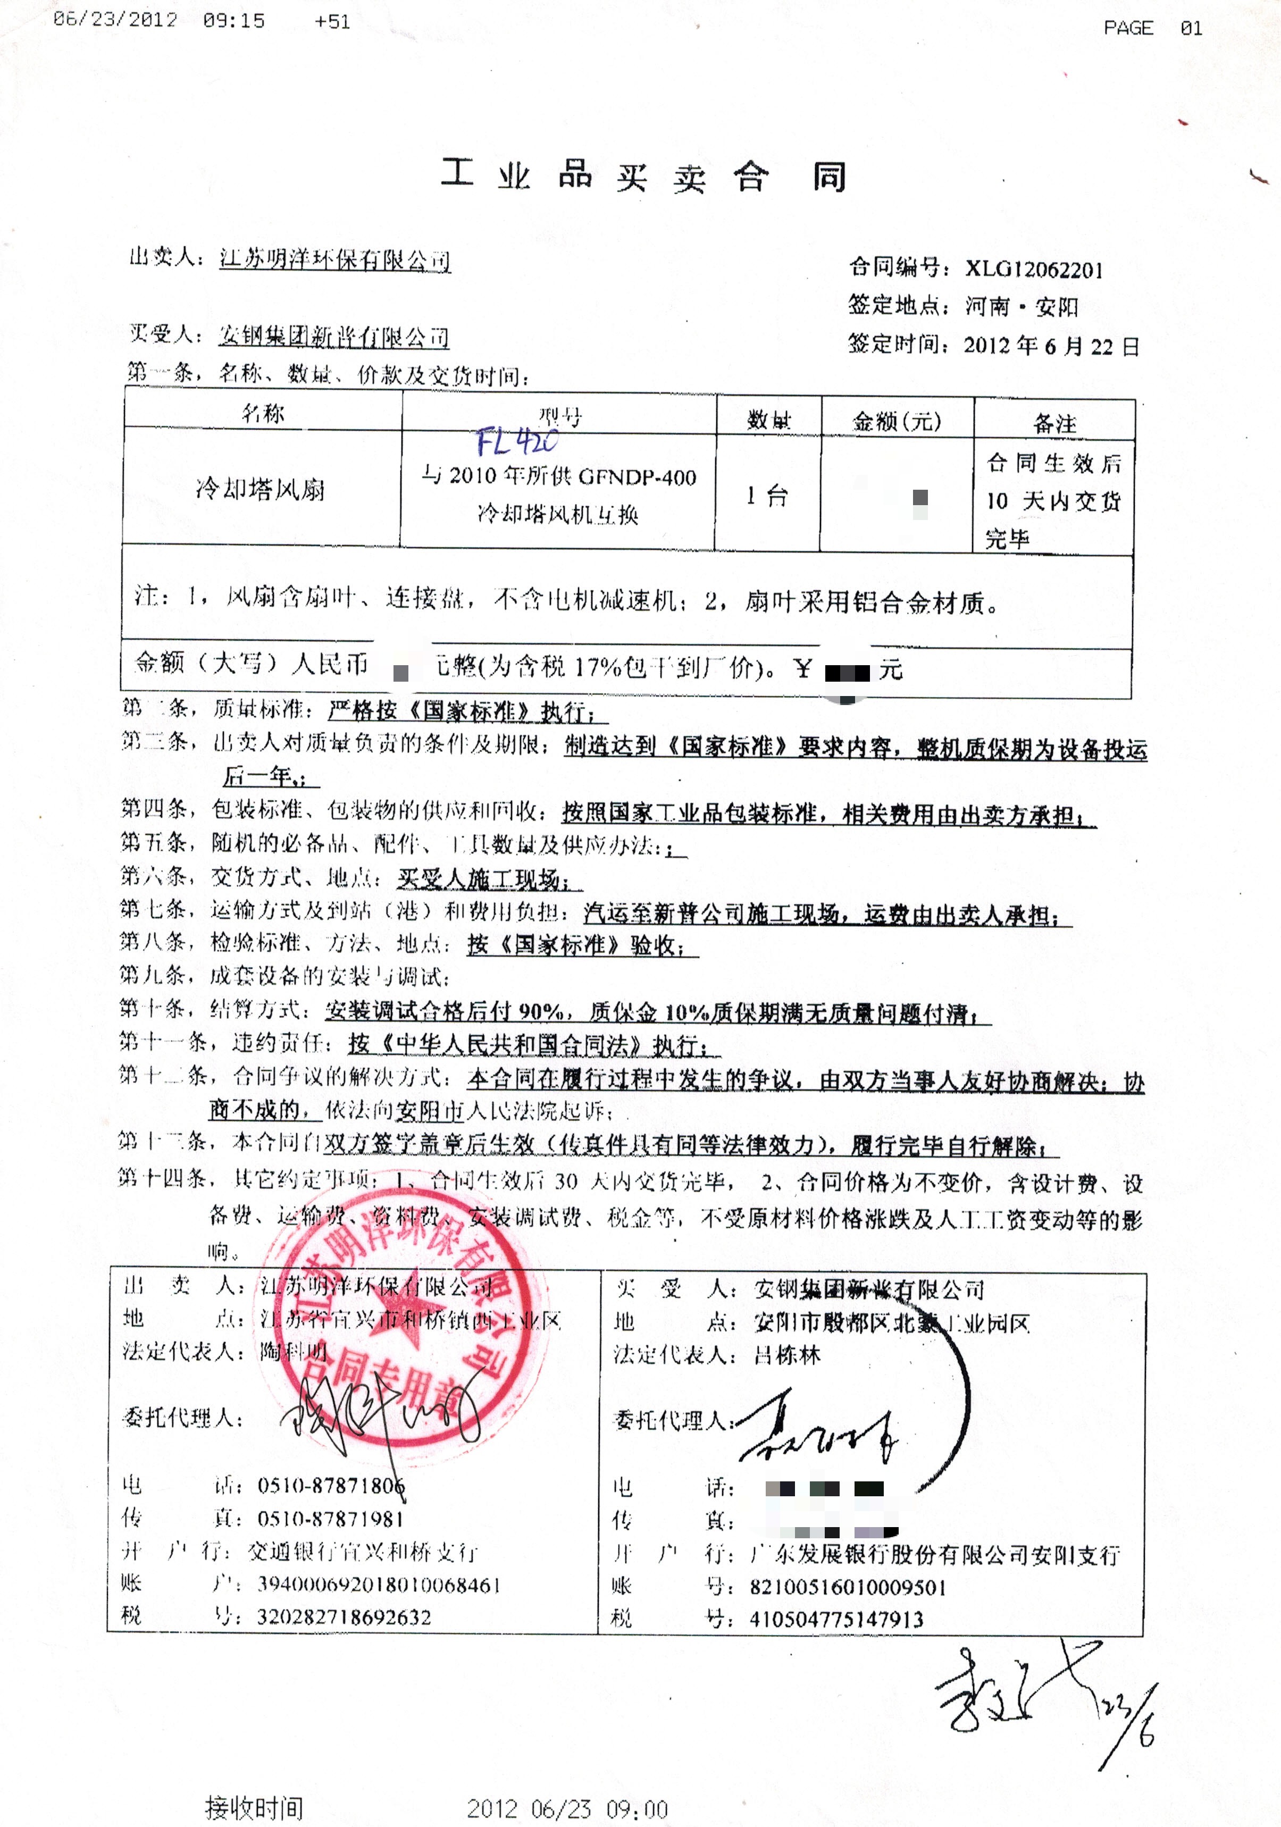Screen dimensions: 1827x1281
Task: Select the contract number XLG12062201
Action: (x=1034, y=270)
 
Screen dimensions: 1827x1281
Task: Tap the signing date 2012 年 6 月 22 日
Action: (x=1051, y=346)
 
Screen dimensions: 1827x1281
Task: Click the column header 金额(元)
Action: (x=897, y=421)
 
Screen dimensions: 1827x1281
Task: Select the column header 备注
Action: (x=1054, y=423)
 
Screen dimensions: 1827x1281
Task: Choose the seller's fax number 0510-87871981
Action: (x=330, y=1519)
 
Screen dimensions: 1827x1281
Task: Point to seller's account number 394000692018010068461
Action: (x=379, y=1585)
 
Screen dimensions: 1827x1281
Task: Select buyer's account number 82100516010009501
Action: (x=848, y=1588)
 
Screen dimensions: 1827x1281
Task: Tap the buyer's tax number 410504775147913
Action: (x=836, y=1619)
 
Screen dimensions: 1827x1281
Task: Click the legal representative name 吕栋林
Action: (x=787, y=1355)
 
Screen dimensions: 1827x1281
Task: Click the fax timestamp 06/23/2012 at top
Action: (x=115, y=20)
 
